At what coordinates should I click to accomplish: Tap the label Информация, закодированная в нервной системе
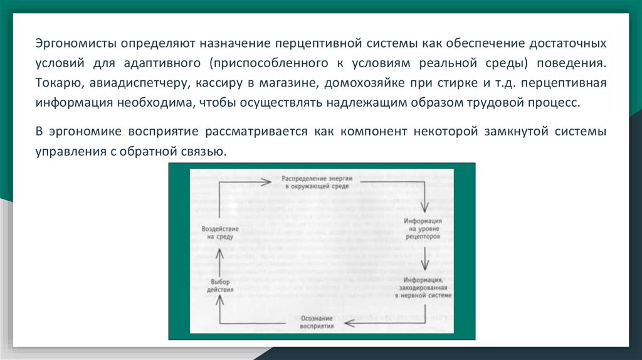coord(424,287)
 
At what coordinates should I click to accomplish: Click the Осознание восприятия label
coord(316,322)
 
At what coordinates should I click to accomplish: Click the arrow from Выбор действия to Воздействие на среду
coord(219,259)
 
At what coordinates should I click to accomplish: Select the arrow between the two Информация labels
coord(424,257)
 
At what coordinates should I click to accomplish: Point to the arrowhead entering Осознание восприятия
coord(349,322)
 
